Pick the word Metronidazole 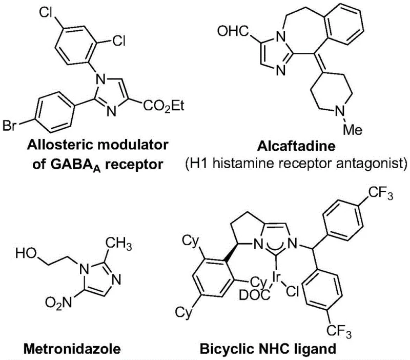point(63,350)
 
